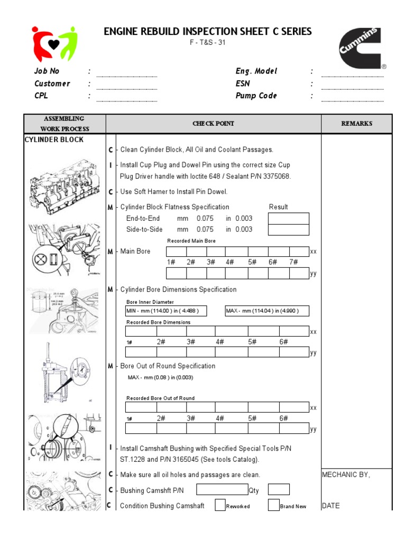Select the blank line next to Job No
(127, 74)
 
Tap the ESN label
(243, 83)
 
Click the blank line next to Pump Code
(353, 98)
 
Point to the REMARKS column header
(356, 124)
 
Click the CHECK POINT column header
(213, 124)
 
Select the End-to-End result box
(289, 219)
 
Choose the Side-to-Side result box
(289, 230)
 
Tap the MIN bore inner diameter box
(165, 311)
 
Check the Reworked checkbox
(220, 506)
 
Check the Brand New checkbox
(273, 506)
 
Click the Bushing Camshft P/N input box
(222, 490)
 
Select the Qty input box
(279, 490)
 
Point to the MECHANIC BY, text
(346, 475)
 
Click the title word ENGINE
(122, 32)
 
